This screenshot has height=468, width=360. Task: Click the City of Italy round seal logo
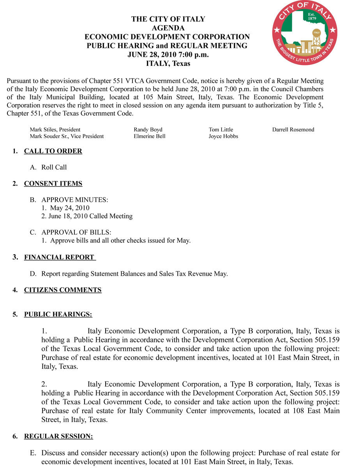tap(305, 33)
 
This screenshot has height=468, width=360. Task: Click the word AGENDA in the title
tap(168, 28)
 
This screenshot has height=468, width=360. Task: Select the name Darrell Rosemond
tap(293, 129)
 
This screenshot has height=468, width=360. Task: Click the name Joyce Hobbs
tap(223, 136)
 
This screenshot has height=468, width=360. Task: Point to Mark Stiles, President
tap(55, 129)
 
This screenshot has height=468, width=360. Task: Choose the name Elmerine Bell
tap(150, 136)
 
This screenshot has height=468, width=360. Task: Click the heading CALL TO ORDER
tap(53, 151)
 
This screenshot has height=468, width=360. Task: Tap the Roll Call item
tap(54, 167)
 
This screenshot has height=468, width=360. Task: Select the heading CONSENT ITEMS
tap(53, 184)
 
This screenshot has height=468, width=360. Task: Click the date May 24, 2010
tap(70, 208)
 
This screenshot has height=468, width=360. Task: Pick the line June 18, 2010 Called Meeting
tap(87, 216)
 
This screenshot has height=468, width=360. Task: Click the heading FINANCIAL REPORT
tap(59, 257)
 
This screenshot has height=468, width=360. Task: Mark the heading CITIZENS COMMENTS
tap(63, 290)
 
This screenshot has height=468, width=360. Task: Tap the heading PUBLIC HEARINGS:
tap(58, 314)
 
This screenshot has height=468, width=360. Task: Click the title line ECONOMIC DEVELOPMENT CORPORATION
tap(167, 37)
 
